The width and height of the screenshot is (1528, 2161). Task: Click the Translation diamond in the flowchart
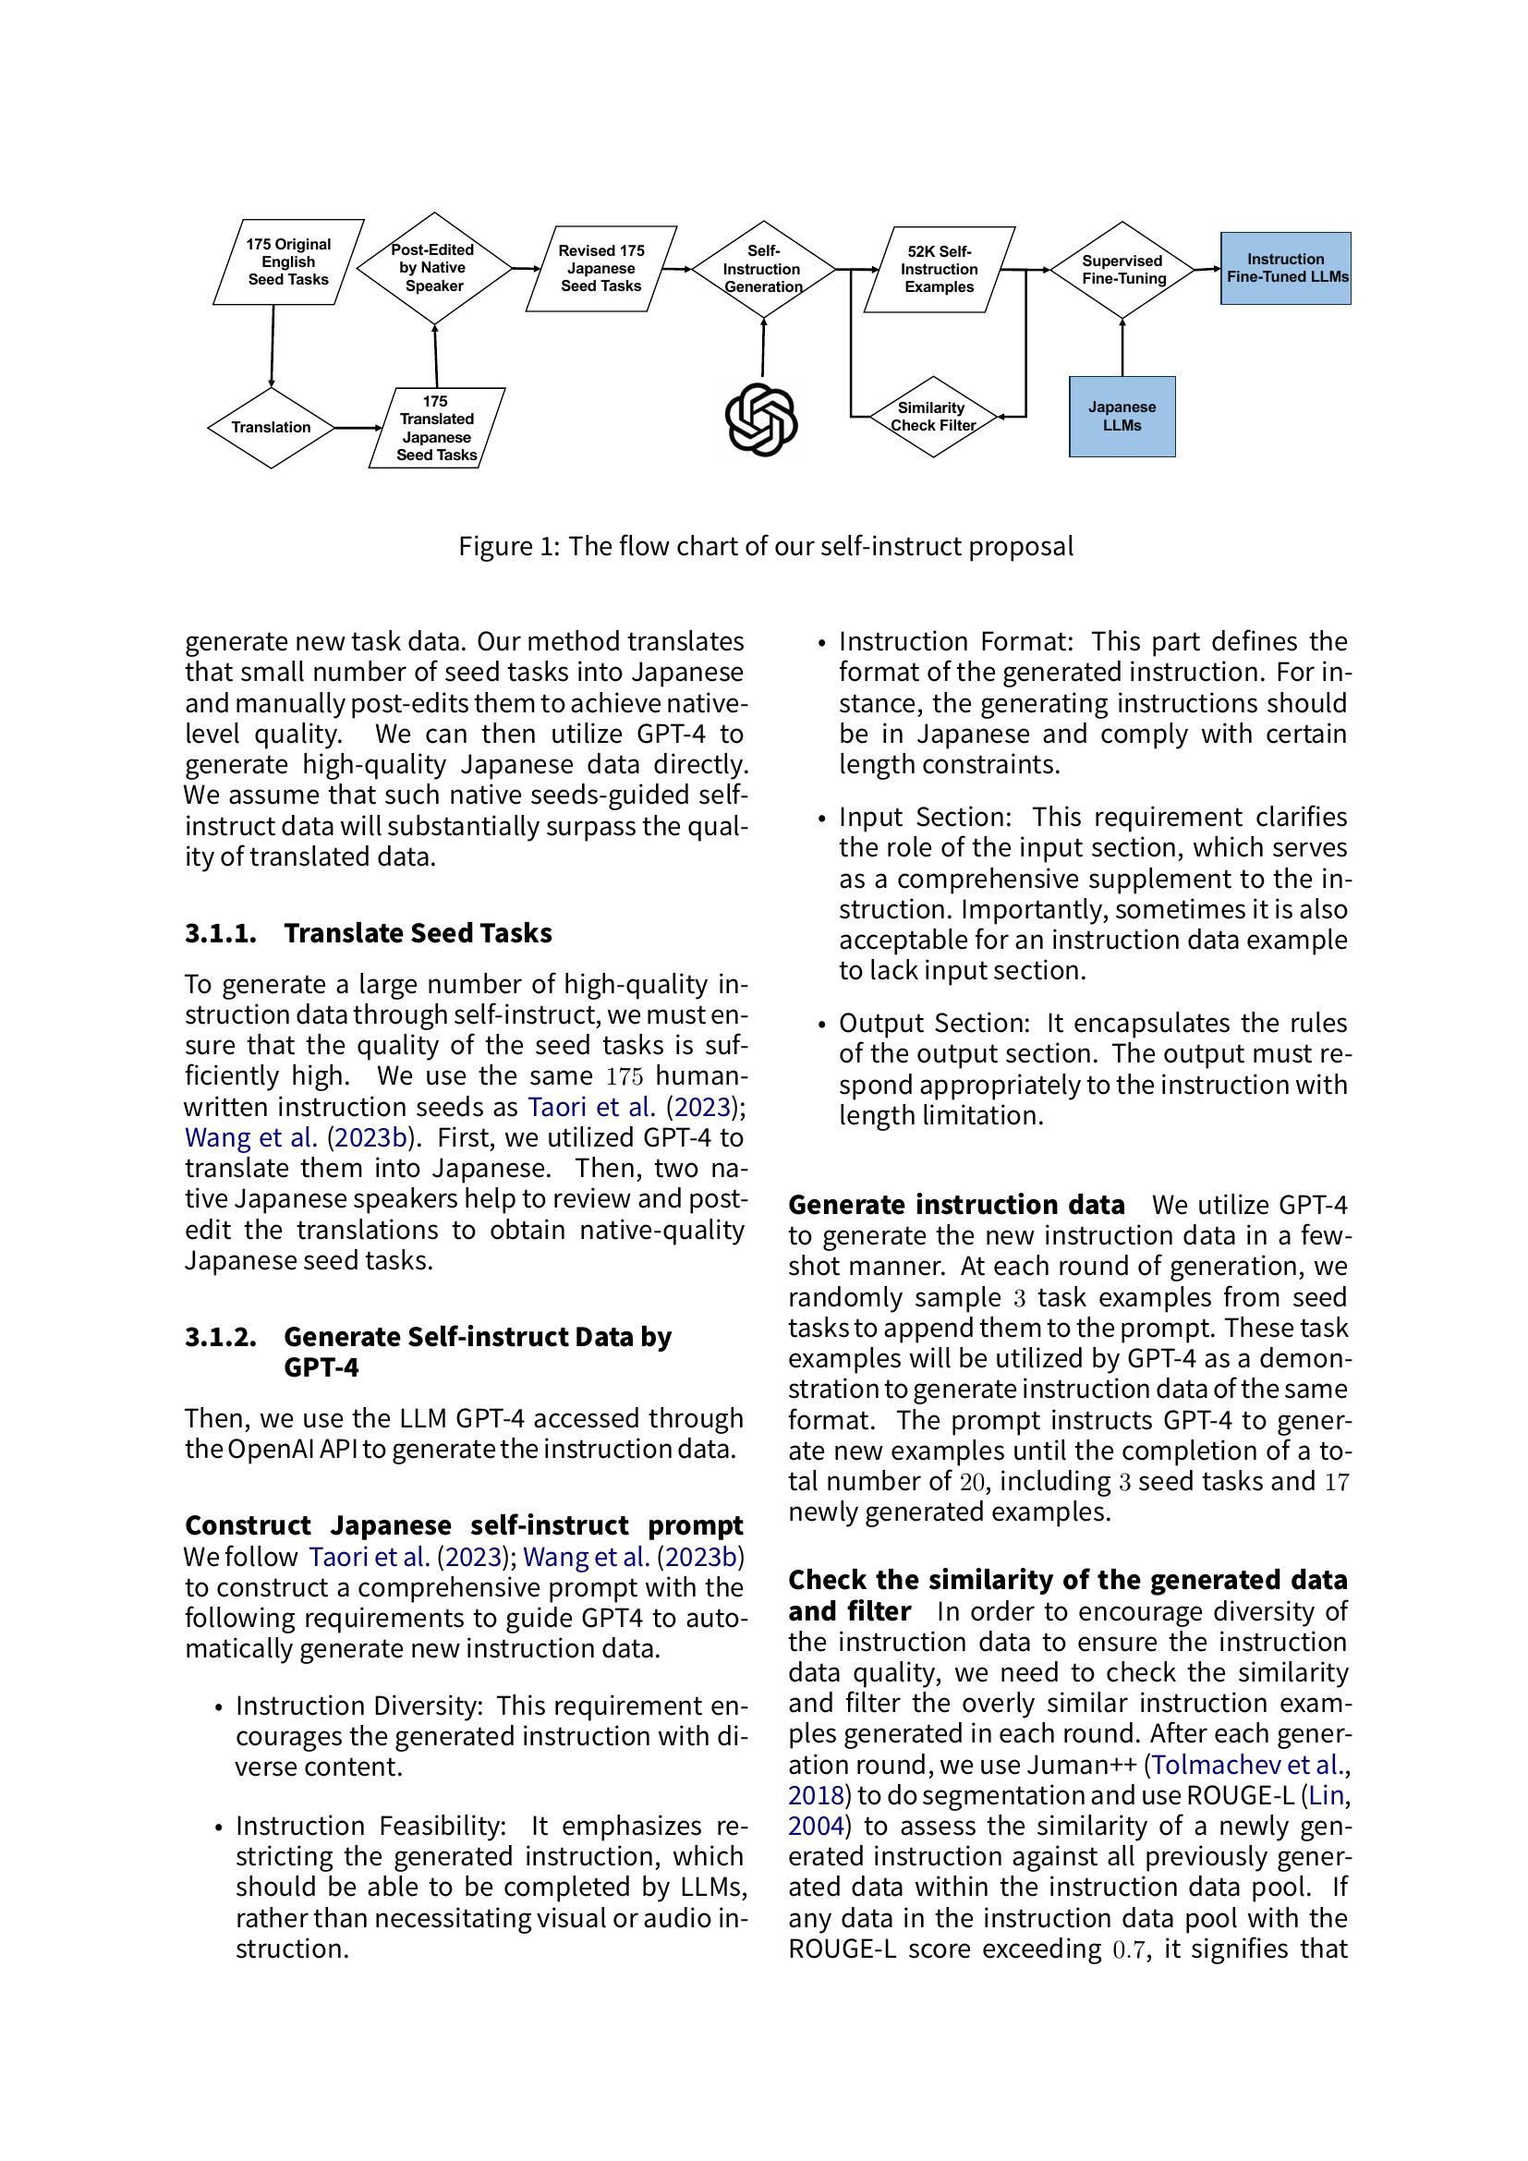click(x=271, y=428)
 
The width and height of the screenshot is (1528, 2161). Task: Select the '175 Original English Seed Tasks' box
click(x=288, y=261)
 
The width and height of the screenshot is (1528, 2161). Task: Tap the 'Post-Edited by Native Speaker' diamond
click(x=434, y=268)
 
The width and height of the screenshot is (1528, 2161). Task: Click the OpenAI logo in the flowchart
click(x=761, y=419)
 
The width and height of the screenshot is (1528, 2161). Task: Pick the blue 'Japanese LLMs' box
click(x=1122, y=416)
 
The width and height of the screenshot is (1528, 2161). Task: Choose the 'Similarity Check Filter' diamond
click(x=931, y=416)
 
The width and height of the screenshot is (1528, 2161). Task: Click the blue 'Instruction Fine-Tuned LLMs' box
click(x=1285, y=268)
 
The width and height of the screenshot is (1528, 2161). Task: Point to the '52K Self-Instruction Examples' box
click(x=939, y=269)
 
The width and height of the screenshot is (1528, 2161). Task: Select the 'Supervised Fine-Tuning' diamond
click(x=1122, y=270)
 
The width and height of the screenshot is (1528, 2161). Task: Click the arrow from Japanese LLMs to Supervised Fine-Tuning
click(x=1122, y=348)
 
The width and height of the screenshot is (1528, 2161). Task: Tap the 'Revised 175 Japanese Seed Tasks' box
click(x=601, y=268)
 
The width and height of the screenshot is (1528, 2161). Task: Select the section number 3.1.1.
click(x=220, y=933)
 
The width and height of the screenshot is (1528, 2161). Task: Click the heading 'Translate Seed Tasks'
click(x=418, y=933)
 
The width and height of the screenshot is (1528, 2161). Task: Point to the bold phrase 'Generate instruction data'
click(x=956, y=1205)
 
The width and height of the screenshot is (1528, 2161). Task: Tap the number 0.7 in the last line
click(x=1129, y=1949)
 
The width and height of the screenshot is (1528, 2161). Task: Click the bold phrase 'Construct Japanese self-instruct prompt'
click(x=464, y=1525)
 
